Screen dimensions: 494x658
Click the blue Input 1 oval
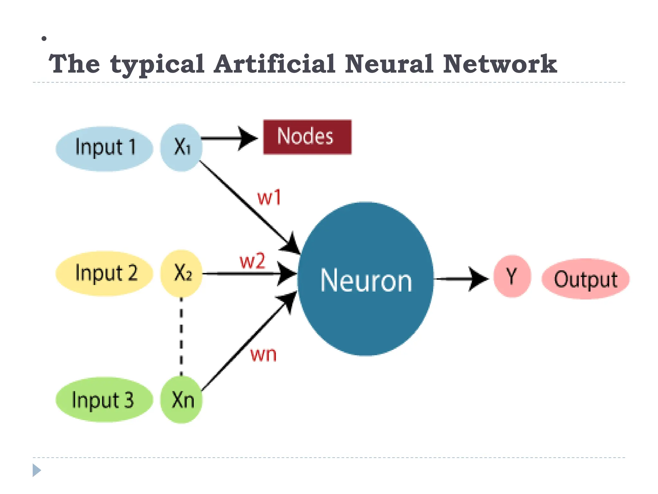104,148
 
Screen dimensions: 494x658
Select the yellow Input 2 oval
104,273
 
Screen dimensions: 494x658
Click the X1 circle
182,147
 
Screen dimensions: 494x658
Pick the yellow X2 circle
182,273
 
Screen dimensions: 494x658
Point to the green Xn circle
182,400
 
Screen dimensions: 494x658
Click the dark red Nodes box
307,137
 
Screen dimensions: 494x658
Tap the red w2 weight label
253,261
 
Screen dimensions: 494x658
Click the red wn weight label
263,354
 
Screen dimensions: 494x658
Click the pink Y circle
512,276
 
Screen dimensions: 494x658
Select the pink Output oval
585,279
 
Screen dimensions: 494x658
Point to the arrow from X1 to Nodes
228,138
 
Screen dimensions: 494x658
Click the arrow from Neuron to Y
459,279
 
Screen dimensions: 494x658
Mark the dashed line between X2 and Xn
181,336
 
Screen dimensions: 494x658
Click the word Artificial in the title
275,64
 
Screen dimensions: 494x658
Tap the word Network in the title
500,64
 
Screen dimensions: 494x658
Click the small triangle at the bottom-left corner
36,470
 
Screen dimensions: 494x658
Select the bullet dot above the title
44,39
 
